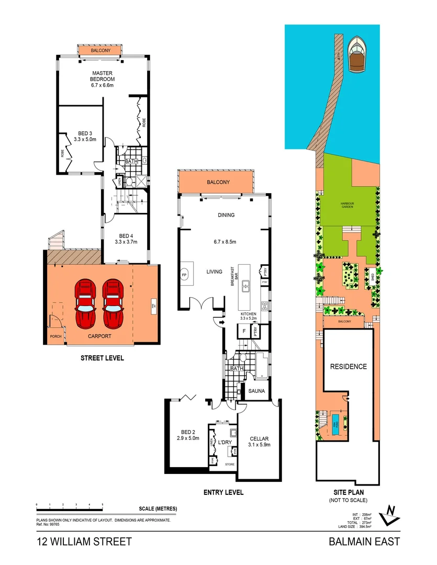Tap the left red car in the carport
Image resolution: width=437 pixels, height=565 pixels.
point(85,302)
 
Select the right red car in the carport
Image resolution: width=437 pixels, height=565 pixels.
point(113,302)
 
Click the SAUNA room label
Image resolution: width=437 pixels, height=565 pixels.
point(256,391)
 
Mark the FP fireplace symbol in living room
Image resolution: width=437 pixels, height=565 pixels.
point(184,274)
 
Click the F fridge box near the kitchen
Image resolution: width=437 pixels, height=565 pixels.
point(244,331)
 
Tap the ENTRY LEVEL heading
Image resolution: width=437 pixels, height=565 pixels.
point(223,492)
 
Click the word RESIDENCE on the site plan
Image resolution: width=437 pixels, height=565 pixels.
point(348,366)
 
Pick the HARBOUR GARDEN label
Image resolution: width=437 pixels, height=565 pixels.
point(348,205)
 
